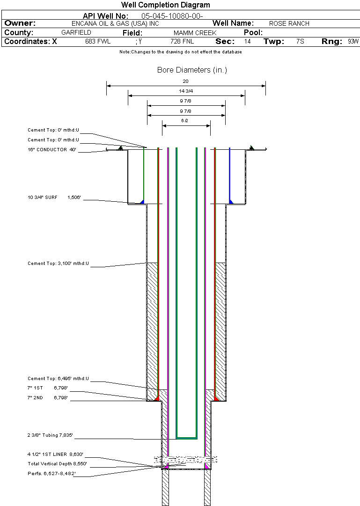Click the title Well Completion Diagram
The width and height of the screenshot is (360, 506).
pos(166,5)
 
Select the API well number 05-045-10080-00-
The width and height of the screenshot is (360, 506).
pos(172,16)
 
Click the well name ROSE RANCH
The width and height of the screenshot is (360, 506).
pos(289,23)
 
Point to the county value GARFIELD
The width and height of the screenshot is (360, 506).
pos(76,33)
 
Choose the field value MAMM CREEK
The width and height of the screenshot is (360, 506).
pos(195,33)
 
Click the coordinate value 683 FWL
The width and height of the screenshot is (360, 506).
pos(98,42)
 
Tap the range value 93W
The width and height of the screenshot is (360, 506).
pos(353,42)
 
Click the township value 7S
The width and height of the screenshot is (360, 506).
pos(300,42)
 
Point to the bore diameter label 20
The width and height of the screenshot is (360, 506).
pos(186,81)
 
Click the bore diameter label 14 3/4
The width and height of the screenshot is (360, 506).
pos(186,91)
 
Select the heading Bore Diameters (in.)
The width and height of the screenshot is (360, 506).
pos(192,70)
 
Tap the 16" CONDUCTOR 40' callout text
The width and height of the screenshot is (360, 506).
pos(51,150)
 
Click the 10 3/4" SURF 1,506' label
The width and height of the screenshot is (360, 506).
pos(54,198)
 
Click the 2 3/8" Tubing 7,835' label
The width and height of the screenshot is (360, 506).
pos(50,436)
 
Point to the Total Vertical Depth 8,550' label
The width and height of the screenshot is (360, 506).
pos(57,464)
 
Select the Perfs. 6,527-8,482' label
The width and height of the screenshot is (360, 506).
pos(51,473)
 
